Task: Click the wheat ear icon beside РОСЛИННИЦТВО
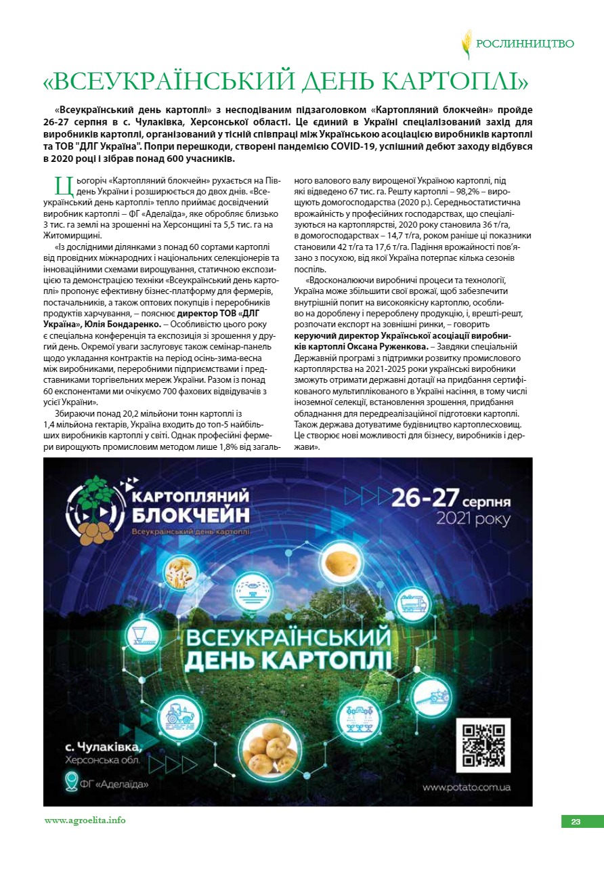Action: pyautogui.click(x=466, y=44)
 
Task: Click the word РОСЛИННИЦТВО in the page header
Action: pyautogui.click(x=525, y=44)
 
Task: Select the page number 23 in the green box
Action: pyautogui.click(x=576, y=822)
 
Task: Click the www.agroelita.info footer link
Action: pyautogui.click(x=85, y=820)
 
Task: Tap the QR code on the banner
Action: pyautogui.click(x=483, y=744)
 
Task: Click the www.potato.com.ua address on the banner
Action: pyautogui.click(x=466, y=787)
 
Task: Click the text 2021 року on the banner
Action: pyautogui.click(x=473, y=520)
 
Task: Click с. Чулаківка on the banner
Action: pyautogui.click(x=104, y=747)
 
